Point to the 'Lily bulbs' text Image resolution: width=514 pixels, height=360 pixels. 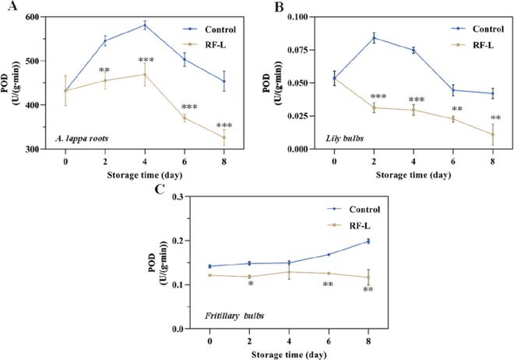(x=346, y=137)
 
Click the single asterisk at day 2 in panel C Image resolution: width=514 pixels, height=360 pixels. (x=249, y=284)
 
